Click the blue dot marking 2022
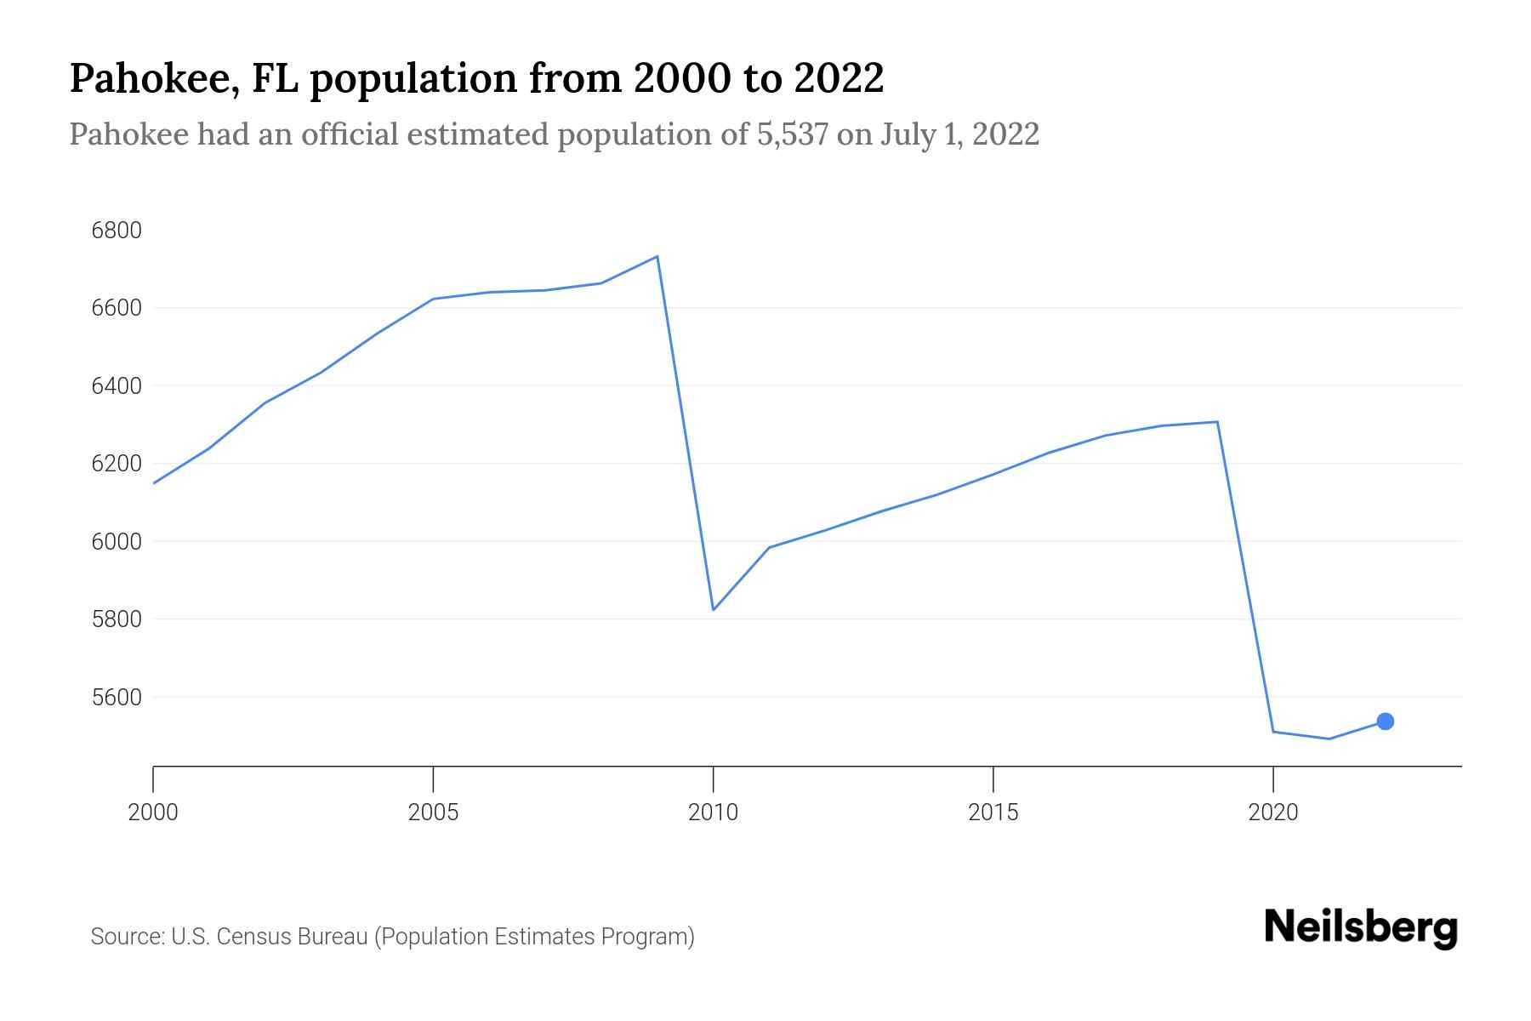[1385, 722]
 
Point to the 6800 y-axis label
[117, 231]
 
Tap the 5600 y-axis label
[117, 697]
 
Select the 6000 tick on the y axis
[117, 541]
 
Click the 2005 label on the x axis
[433, 813]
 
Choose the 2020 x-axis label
[1272, 813]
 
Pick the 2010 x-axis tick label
[713, 813]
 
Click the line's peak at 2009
[657, 256]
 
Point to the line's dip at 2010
[713, 609]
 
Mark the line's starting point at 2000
[154, 483]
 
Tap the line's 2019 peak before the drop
[1217, 422]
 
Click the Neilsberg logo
[1361, 927]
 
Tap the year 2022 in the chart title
[839, 78]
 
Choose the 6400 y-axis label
[117, 386]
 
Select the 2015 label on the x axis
[993, 813]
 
